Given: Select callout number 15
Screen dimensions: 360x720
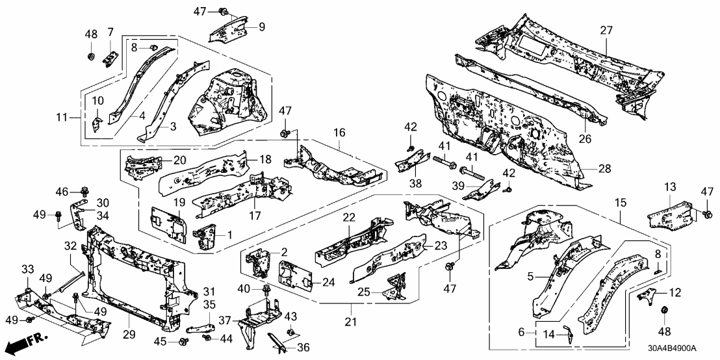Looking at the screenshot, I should (621, 203).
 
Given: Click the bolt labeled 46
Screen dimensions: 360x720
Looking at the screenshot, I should (84, 192).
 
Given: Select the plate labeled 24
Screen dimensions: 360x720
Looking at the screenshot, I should (292, 274).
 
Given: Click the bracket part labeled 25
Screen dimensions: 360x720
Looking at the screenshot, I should (392, 291).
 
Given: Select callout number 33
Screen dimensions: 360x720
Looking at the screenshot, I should (29, 270).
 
